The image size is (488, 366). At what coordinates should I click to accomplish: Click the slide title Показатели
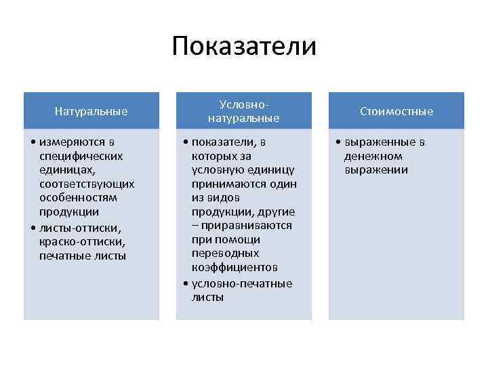(244, 47)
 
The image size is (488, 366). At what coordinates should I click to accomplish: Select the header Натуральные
(91, 111)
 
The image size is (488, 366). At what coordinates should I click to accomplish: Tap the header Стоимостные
(396, 111)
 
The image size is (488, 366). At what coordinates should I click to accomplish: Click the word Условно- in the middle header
(244, 104)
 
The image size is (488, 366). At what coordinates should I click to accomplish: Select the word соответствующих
(87, 184)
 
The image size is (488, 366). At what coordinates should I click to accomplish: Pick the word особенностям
(78, 198)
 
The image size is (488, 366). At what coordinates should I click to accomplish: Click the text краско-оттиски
(82, 241)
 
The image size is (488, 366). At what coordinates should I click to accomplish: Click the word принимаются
(244, 184)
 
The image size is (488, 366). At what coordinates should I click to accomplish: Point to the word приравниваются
(247, 226)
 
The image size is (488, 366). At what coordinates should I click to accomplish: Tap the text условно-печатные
(242, 283)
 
